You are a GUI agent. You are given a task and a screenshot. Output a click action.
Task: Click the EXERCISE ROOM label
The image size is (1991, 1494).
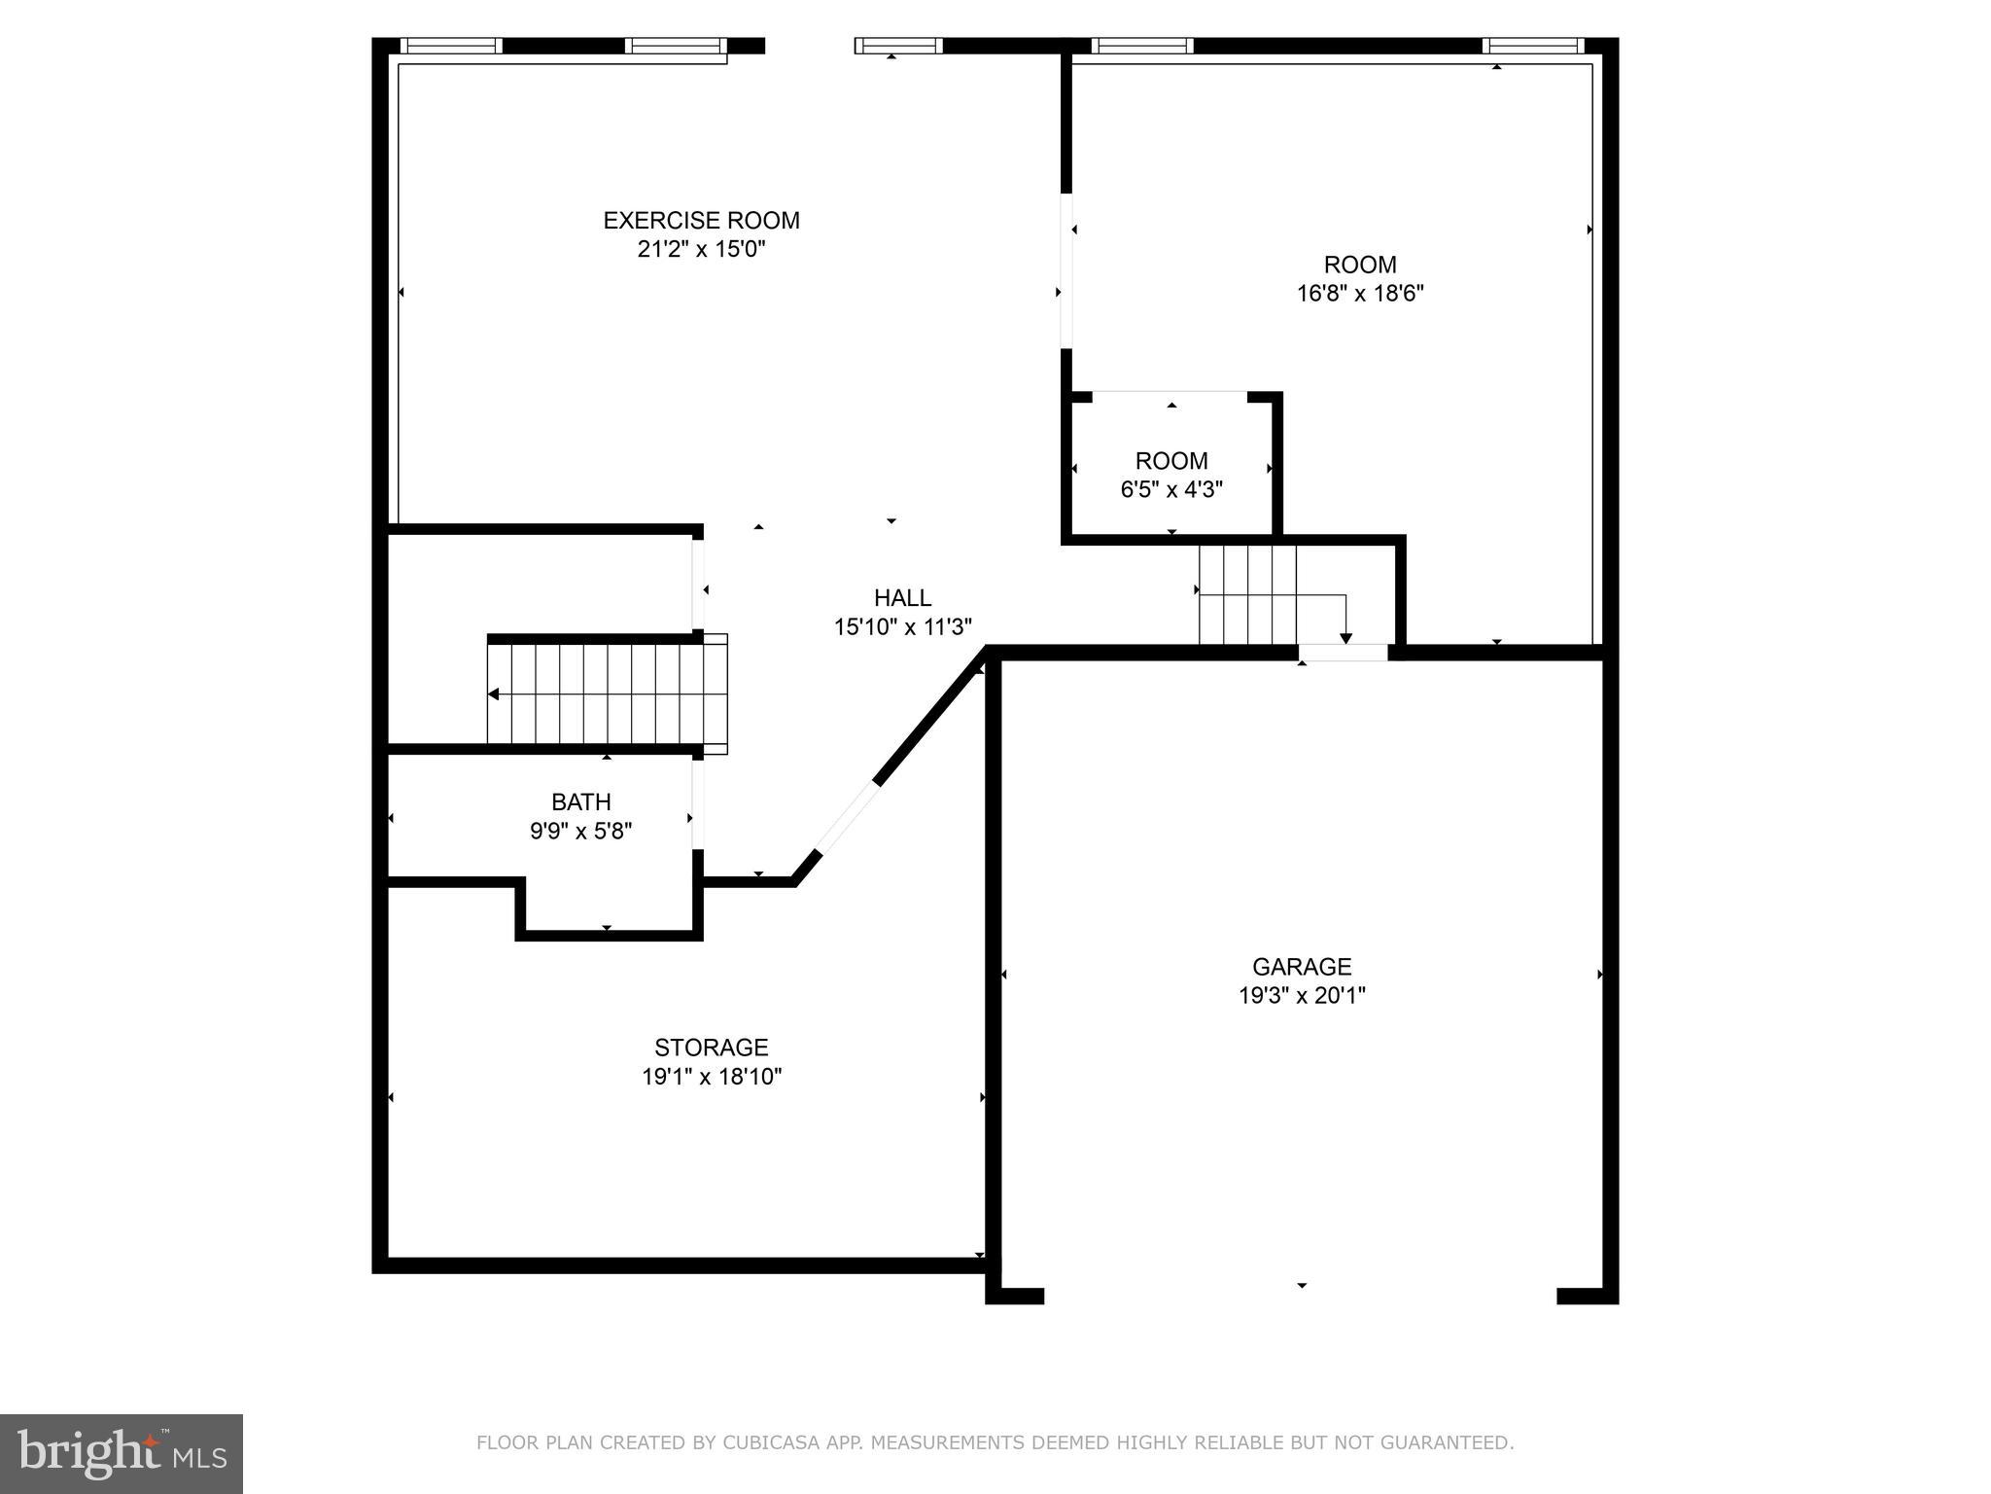click(x=701, y=221)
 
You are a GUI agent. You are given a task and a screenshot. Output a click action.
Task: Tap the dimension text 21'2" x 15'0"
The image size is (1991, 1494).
click(x=701, y=250)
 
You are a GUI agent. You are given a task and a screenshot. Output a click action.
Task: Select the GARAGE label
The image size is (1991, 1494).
click(x=1301, y=967)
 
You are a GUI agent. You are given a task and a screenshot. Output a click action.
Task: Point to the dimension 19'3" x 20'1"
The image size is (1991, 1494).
click(x=1301, y=996)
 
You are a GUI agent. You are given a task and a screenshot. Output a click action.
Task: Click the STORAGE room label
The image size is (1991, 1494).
click(x=711, y=1048)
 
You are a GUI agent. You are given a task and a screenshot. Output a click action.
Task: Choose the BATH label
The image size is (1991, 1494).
click(x=580, y=802)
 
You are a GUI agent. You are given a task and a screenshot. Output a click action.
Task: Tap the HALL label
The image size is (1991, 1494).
click(x=902, y=598)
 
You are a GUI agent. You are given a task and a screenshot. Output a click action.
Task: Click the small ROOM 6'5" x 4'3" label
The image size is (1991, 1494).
click(x=1170, y=461)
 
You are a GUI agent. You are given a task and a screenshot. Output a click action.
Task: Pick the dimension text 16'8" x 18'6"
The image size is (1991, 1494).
click(x=1359, y=294)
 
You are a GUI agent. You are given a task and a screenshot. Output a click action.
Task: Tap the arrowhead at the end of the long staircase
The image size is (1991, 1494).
click(x=494, y=694)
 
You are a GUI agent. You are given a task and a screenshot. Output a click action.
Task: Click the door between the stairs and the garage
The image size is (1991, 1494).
click(x=1343, y=653)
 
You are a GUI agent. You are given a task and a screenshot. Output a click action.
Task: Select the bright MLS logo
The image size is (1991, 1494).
click(x=121, y=1453)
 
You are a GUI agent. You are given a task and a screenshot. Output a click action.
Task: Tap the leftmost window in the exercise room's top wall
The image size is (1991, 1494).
click(x=451, y=46)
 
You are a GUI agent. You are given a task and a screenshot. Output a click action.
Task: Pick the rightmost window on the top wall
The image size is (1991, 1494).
click(x=1532, y=46)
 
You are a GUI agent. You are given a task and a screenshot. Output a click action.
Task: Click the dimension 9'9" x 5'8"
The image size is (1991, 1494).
click(x=580, y=832)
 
